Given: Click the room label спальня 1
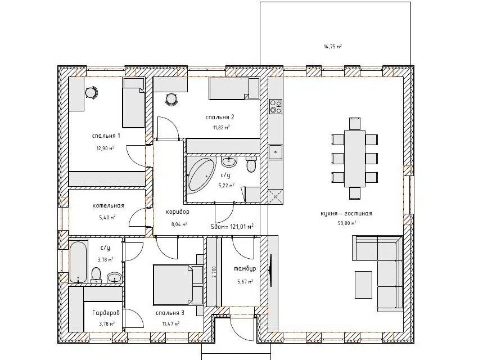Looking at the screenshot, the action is point(106,136).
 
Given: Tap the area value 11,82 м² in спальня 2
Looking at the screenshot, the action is point(221,128).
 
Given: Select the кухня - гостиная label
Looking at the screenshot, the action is point(346,213).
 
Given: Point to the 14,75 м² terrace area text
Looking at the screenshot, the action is point(333,47).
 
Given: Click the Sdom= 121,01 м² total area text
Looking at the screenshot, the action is point(232,226).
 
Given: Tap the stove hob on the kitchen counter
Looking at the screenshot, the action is point(276,106).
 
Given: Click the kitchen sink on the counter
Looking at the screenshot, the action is point(276,152).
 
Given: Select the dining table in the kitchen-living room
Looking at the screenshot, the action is point(355,159).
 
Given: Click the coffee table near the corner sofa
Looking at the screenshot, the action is point(364,285).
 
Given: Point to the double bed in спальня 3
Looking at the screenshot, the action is point(178,285).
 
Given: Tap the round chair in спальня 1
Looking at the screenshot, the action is point(91,93).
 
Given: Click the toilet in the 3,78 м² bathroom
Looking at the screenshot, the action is point(96,275).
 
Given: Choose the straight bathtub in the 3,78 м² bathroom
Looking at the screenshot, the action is point(78,262).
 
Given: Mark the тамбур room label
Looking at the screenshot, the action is point(245,269).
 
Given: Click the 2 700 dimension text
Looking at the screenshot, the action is point(214,272).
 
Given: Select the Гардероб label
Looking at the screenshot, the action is point(106,313).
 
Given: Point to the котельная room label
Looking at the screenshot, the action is point(109,205).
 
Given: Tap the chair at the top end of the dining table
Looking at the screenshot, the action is point(355,124).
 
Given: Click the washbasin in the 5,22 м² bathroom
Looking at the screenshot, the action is point(229,162).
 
